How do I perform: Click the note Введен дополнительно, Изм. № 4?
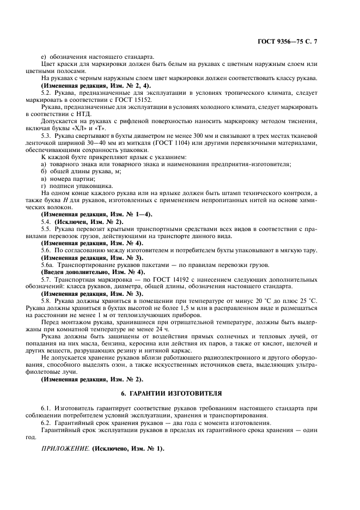tap(93, 271)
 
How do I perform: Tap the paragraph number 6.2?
tap(46, 423)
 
